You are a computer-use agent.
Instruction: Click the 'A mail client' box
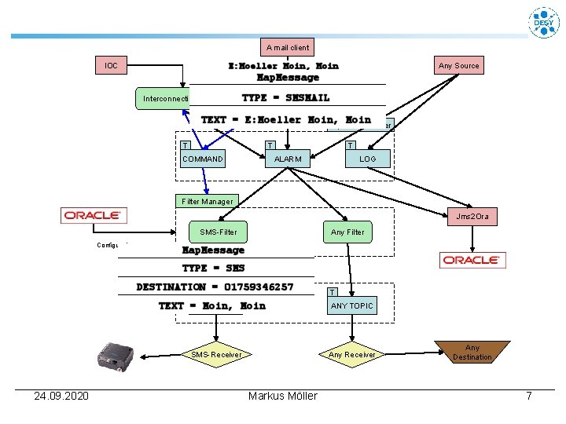coord(288,47)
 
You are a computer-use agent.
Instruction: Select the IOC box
coord(112,65)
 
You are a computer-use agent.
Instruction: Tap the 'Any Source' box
coord(458,65)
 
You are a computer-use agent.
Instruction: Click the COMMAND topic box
coord(202,159)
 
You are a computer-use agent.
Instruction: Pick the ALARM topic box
coord(287,159)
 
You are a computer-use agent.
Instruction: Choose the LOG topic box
coord(367,159)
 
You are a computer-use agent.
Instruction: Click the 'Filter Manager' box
coord(207,201)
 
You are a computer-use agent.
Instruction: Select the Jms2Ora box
coord(472,216)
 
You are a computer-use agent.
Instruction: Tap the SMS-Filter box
coord(218,232)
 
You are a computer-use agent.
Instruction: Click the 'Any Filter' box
coord(347,232)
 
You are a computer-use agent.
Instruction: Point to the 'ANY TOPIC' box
coord(351,305)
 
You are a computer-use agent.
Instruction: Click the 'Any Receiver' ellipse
coord(351,355)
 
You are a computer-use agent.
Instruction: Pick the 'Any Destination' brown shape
coord(472,352)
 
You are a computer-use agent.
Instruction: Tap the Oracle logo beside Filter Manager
coord(94,215)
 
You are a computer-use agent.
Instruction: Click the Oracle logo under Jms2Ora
coord(472,260)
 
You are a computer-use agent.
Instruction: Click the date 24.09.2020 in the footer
coord(61,396)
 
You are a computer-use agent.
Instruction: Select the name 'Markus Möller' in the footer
coord(282,396)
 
